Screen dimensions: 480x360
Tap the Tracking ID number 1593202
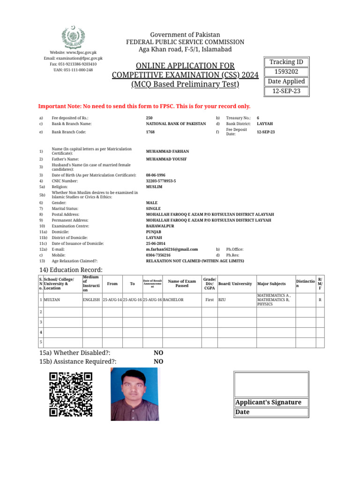[286, 72]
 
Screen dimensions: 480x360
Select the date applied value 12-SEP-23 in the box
[286, 91]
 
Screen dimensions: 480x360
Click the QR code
[71, 394]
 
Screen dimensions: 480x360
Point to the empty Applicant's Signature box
[271, 384]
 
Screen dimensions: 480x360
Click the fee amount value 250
[150, 118]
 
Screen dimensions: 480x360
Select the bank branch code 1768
[150, 132]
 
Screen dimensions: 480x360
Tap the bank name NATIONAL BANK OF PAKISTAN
[176, 124]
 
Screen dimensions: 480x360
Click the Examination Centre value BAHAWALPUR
[160, 226]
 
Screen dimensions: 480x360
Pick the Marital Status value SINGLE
[153, 209]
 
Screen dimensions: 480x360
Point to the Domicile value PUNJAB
[154, 232]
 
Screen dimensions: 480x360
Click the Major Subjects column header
[271, 284]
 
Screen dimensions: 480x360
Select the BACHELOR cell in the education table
[173, 299]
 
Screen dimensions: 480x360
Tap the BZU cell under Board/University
[222, 299]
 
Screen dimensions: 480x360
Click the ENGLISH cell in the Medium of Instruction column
[91, 299]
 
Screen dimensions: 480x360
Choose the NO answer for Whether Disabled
[158, 352]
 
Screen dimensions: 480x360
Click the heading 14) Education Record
[71, 270]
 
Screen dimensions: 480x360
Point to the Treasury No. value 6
[258, 118]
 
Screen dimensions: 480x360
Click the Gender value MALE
[151, 203]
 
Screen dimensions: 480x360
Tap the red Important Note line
[144, 106]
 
